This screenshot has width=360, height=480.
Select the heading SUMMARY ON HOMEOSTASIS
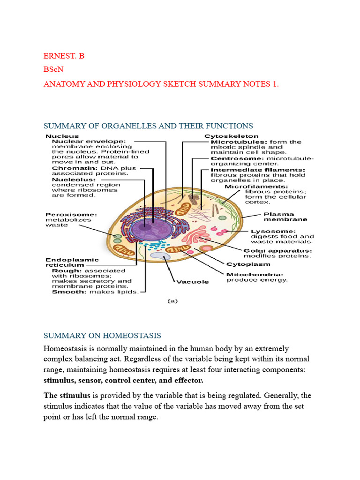point(102,336)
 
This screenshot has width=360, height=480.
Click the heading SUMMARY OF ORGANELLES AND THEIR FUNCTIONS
point(148,126)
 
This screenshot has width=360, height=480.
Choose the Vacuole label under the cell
point(192,282)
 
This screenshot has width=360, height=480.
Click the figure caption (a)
point(173,302)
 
